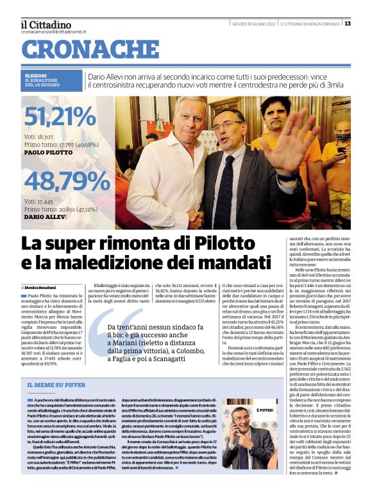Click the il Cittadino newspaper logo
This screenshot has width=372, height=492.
(46, 24)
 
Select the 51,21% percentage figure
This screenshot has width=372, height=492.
(60, 118)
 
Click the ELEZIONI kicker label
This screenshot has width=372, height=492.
(35, 76)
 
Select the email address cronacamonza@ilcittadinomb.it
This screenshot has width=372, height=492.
(53, 31)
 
